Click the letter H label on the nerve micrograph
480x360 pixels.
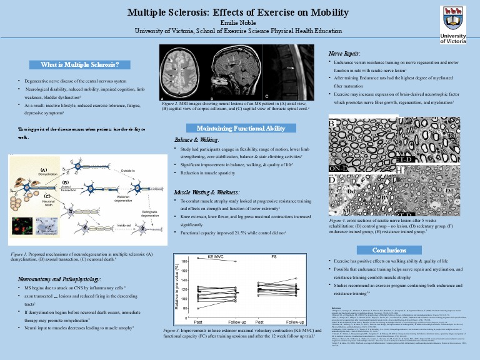click(x=398, y=169)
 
